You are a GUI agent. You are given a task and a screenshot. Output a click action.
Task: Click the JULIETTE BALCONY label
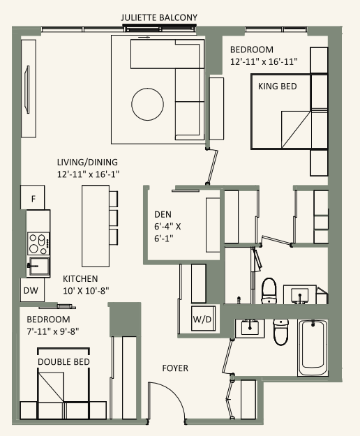(159, 16)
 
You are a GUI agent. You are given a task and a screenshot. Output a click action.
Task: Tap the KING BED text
(278, 87)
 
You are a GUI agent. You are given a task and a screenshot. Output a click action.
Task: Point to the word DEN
(163, 215)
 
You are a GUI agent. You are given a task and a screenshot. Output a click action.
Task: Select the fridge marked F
(33, 198)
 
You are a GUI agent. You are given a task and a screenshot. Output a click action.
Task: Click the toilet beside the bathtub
(280, 333)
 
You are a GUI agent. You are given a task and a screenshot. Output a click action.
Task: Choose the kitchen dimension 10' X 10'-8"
(86, 290)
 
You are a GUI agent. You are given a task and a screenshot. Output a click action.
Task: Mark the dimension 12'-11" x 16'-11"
(264, 61)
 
